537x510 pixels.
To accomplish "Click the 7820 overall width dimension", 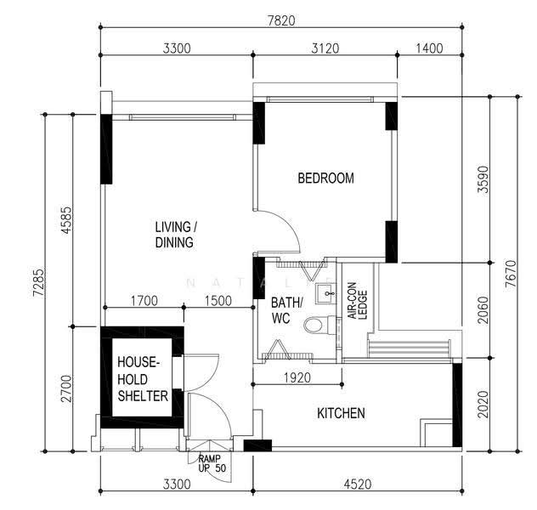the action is (281, 21).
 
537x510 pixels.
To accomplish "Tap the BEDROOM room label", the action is (325, 178).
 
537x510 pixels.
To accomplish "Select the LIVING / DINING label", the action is (176, 235).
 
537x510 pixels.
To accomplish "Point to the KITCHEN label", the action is (341, 413).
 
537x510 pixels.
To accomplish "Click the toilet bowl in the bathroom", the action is (317, 325).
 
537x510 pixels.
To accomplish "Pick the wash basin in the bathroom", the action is (325, 293).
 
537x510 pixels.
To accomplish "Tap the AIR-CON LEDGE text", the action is (358, 300).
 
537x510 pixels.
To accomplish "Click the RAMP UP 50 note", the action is (212, 463).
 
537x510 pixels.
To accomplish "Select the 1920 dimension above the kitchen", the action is (297, 377).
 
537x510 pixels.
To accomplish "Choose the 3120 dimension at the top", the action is (325, 48).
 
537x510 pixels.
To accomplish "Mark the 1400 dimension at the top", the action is (429, 48).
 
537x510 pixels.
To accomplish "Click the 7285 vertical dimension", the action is (38, 282).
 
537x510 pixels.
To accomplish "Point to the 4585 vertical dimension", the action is (66, 219).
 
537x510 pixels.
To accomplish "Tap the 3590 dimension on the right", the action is (483, 179).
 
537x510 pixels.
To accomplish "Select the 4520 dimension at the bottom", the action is (358, 484).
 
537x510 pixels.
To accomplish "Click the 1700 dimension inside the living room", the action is (144, 301).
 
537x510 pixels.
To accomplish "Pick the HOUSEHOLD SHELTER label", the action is (143, 379).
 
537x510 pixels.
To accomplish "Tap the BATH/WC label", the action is (286, 310).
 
